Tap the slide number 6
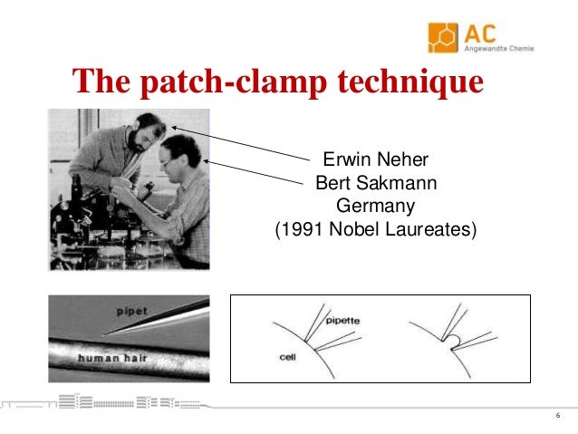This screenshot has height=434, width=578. point(557,415)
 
